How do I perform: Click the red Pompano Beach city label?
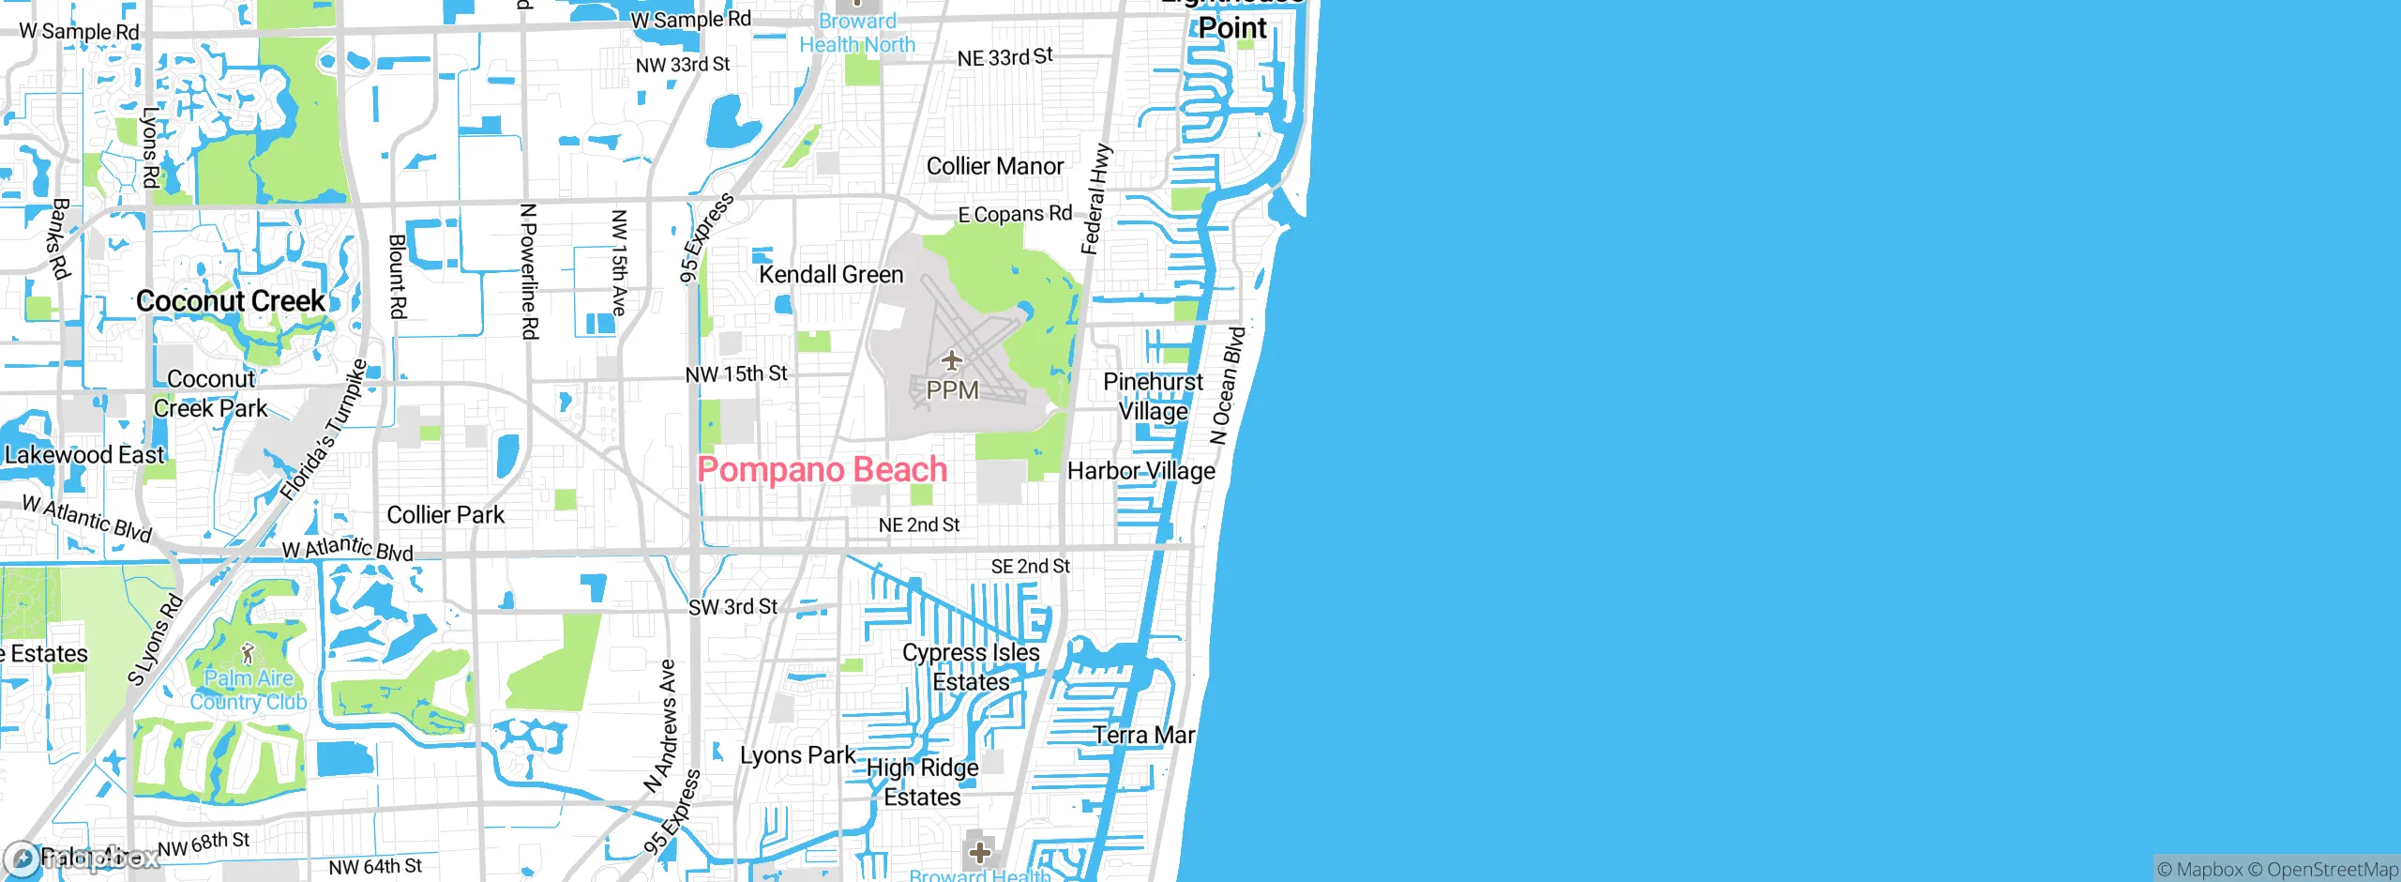(x=823, y=469)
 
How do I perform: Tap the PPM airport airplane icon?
(x=952, y=360)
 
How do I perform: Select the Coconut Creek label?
(x=231, y=301)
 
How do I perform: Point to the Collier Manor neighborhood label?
(x=995, y=166)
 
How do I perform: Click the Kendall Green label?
(x=831, y=275)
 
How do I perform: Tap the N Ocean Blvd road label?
(x=1228, y=386)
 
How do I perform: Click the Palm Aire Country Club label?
(x=249, y=690)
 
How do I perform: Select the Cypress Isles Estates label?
(x=972, y=667)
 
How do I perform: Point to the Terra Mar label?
(x=1144, y=735)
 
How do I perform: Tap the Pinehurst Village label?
(x=1153, y=397)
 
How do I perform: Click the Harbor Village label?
(x=1141, y=471)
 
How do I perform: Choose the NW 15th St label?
(x=736, y=374)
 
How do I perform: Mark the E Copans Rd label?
(x=1015, y=214)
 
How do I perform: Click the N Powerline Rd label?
(x=529, y=271)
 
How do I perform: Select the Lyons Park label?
(x=797, y=755)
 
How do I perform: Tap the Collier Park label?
(x=445, y=515)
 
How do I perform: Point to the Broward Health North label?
(x=857, y=33)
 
